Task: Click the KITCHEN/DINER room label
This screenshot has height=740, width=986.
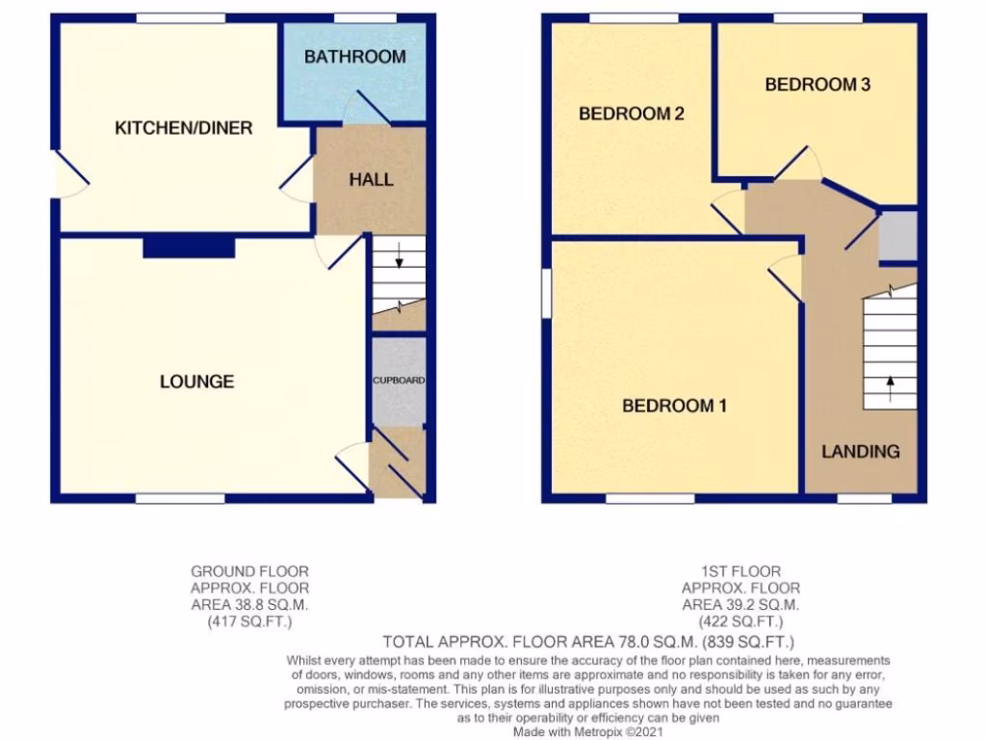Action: click(184, 128)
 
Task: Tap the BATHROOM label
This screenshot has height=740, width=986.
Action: click(354, 57)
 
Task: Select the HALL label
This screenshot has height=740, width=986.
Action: click(371, 179)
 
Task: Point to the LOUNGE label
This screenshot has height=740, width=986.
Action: click(196, 382)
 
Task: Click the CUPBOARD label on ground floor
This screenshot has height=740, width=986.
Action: click(399, 381)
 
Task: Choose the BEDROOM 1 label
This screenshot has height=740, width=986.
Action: click(674, 406)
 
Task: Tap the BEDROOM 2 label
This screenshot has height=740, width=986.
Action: click(631, 114)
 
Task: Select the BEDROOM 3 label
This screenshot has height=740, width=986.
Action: click(817, 85)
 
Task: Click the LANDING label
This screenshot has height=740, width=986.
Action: click(860, 451)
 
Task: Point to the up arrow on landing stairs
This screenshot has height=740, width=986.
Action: click(890, 387)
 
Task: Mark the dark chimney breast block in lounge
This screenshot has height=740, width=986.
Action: click(189, 248)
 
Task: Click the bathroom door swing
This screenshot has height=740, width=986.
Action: click(363, 108)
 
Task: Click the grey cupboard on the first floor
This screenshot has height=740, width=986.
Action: click(898, 236)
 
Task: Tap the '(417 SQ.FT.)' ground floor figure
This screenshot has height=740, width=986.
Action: click(249, 621)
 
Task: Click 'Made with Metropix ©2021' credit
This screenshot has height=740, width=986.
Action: click(587, 731)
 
